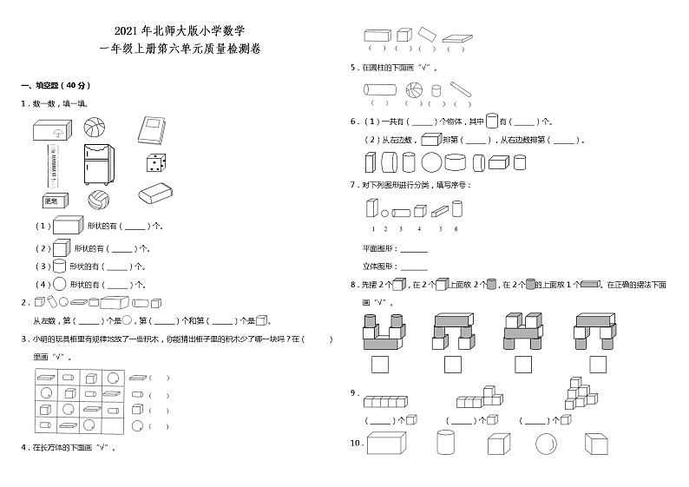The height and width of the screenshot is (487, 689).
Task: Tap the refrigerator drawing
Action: click(x=97, y=163)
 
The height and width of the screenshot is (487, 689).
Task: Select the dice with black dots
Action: click(x=154, y=162)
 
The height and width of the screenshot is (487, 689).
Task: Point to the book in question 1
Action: click(x=150, y=130)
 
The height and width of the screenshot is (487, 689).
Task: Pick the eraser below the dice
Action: click(x=156, y=194)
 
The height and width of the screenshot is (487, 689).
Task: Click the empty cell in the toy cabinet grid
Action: click(x=114, y=426)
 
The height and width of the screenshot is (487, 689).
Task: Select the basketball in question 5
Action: click(x=414, y=89)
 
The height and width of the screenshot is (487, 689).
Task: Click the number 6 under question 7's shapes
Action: click(x=456, y=228)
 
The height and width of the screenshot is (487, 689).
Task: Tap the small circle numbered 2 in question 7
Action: click(x=385, y=212)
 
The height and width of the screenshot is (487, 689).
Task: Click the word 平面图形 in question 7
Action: click(x=378, y=250)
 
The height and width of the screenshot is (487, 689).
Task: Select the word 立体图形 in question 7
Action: click(x=378, y=267)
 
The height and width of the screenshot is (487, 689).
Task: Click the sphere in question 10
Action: click(x=547, y=444)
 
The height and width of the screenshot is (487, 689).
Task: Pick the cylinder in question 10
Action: click(x=445, y=443)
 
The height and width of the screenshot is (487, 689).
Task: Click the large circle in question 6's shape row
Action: click(x=431, y=162)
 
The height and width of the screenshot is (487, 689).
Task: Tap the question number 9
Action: click(x=354, y=393)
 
